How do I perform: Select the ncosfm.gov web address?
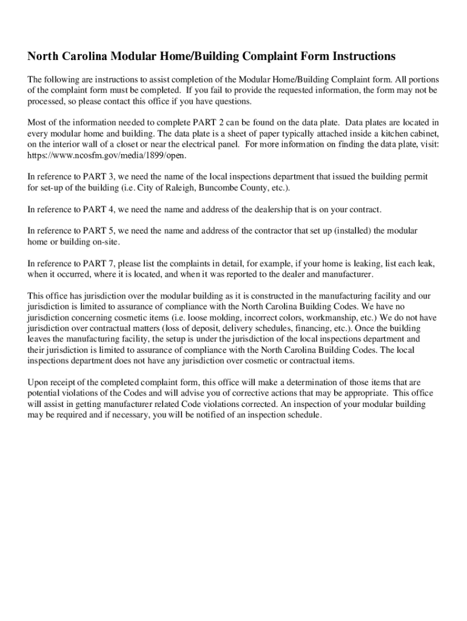[x=99, y=155]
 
